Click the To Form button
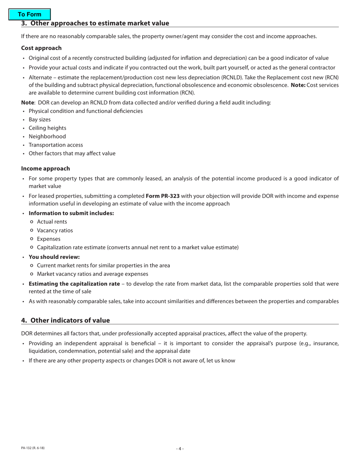(x=30, y=14)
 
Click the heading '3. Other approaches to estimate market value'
(x=95, y=23)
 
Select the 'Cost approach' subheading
(x=41, y=48)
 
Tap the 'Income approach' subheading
(x=45, y=168)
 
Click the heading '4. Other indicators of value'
(x=66, y=320)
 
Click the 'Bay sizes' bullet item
(x=39, y=119)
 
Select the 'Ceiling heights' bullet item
(x=47, y=128)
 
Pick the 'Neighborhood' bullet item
(x=47, y=136)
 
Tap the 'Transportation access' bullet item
(x=56, y=145)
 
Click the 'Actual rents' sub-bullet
(x=52, y=222)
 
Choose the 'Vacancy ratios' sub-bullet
(x=55, y=230)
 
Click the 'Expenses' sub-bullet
(x=49, y=239)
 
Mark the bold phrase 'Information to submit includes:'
(x=71, y=213)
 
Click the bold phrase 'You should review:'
(x=54, y=256)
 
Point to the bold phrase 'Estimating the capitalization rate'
(x=74, y=284)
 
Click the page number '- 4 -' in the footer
(x=180, y=449)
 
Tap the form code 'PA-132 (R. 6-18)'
(x=33, y=448)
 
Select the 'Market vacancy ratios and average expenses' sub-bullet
(x=92, y=274)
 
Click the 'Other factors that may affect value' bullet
(x=72, y=153)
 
